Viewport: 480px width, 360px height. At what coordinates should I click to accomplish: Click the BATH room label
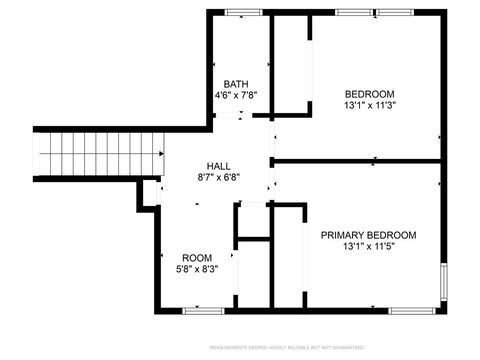point(236,84)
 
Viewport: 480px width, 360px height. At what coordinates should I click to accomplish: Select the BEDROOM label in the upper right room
point(369,93)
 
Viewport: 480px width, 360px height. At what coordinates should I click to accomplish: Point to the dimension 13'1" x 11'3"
point(369,105)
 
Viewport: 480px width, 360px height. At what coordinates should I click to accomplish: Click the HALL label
point(218,166)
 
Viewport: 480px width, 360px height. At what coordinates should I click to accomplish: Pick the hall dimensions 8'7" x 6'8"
point(218,178)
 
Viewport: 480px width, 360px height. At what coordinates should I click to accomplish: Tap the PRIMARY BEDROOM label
point(368,235)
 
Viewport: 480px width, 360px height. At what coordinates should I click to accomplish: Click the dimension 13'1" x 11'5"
point(368,247)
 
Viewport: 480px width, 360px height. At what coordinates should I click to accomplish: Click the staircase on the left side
point(100,155)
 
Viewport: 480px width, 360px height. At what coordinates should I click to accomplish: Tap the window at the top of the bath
point(241,12)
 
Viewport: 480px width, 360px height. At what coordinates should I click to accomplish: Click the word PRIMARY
point(342,235)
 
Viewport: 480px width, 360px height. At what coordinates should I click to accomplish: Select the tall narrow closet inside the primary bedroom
point(288,256)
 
